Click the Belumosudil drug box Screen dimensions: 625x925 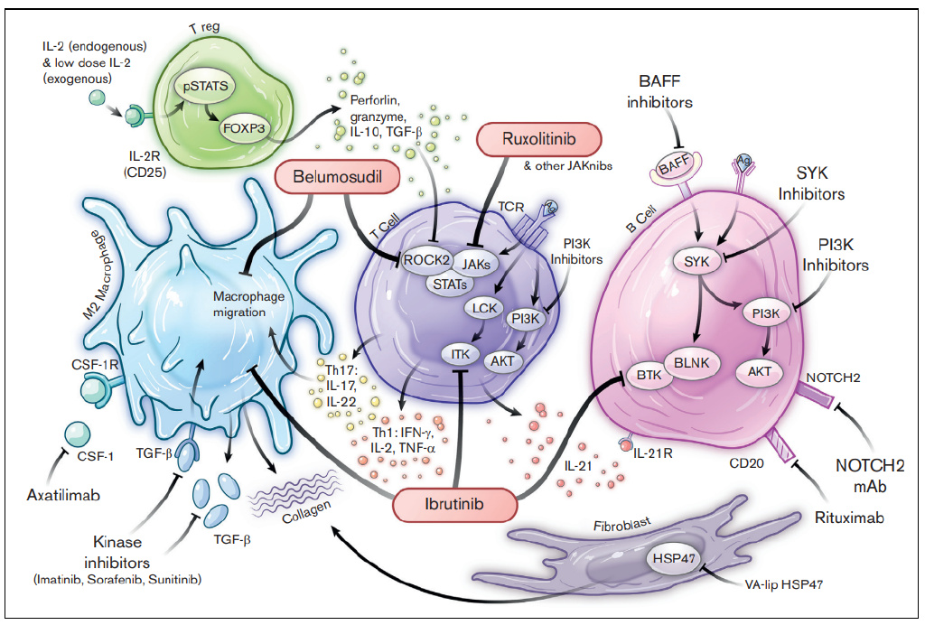pyautogui.click(x=340, y=176)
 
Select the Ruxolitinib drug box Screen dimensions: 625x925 pyautogui.click(x=538, y=138)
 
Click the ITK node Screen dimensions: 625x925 pyautogui.click(x=460, y=354)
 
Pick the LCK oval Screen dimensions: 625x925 pyautogui.click(x=484, y=309)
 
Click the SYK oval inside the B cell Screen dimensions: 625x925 pyautogui.click(x=696, y=262)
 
